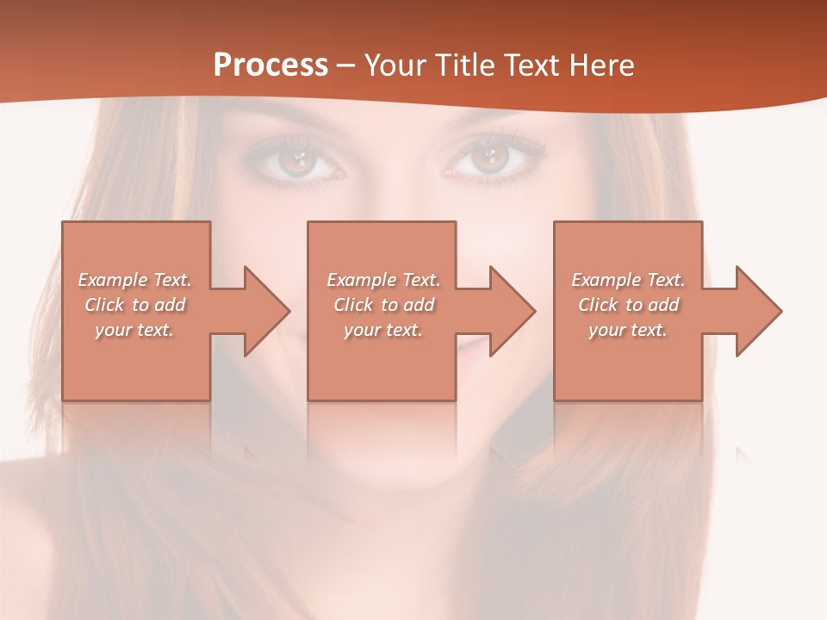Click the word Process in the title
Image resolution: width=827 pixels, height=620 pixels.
point(270,65)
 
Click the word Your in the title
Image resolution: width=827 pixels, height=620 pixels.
point(394,65)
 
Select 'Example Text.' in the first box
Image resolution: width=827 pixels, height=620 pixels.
point(134,280)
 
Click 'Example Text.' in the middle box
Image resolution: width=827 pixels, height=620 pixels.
point(383,280)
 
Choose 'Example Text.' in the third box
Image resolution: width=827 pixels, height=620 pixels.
point(628,280)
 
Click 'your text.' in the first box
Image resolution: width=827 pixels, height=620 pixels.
point(134,330)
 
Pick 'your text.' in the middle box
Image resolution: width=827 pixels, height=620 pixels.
point(383,330)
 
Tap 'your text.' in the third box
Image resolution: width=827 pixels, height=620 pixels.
point(628,330)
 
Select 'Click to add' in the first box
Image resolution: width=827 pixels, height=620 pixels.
point(134,305)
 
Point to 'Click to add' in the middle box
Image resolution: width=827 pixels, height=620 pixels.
point(383,305)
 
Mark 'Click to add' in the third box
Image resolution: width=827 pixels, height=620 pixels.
point(628,305)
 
